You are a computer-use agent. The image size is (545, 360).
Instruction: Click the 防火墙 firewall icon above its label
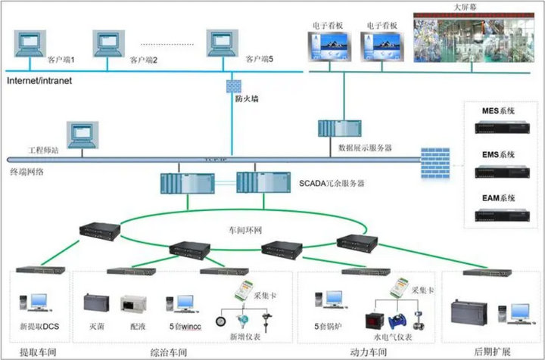point(234,83)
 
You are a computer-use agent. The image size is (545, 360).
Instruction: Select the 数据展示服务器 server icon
point(334,130)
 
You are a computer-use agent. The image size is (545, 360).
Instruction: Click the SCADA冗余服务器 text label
point(332,184)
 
